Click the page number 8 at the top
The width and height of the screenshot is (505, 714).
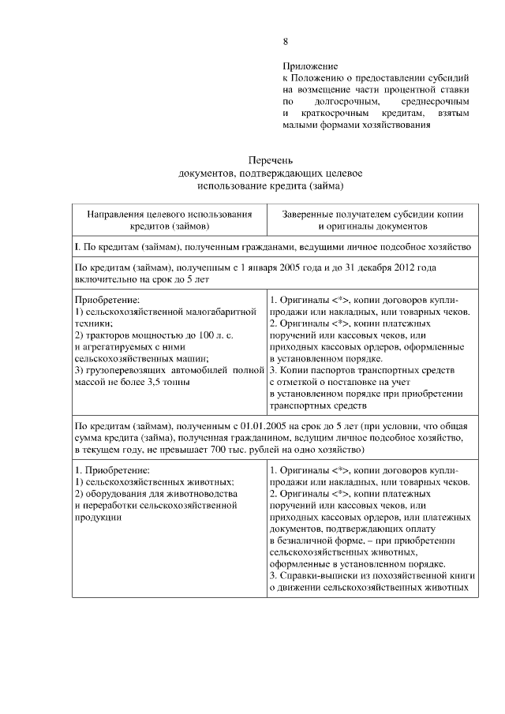point(286,42)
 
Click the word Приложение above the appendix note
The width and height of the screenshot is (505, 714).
point(311,67)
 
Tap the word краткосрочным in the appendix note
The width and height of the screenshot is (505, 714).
point(332,114)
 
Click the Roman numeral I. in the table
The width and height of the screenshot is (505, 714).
point(77,247)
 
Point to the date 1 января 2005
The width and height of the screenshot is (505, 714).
point(264,268)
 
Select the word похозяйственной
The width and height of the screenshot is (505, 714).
point(406,575)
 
